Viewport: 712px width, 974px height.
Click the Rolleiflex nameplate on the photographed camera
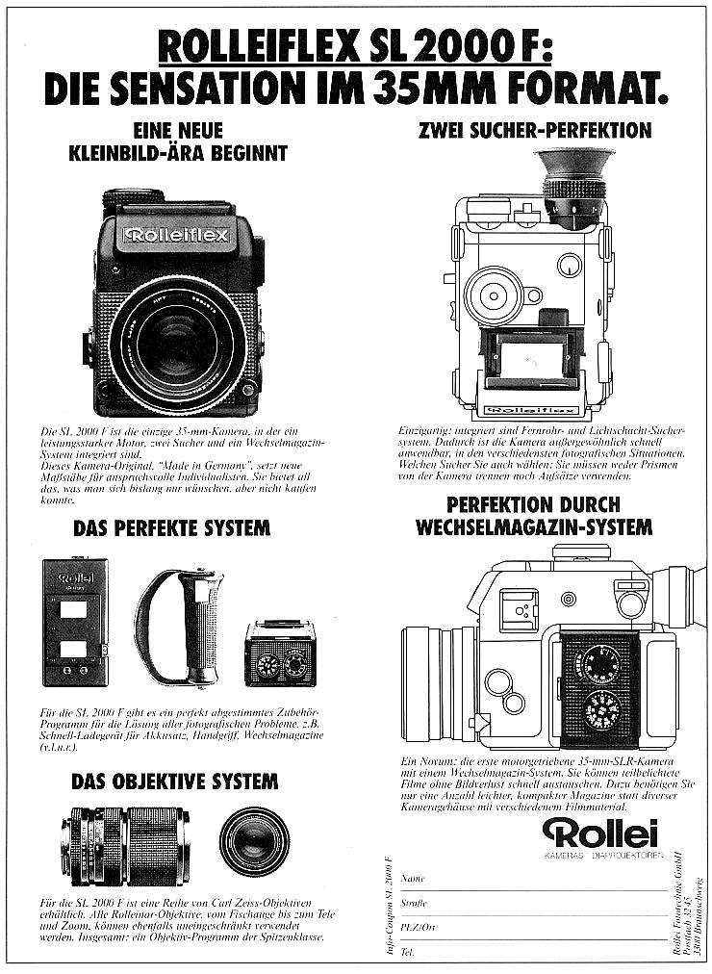[x=176, y=235]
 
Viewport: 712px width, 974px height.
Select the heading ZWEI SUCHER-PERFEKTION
[x=535, y=129]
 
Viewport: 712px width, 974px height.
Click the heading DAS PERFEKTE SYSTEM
[x=171, y=528]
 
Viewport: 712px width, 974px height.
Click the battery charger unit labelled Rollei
[x=75, y=622]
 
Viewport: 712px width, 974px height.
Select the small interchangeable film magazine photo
[x=280, y=654]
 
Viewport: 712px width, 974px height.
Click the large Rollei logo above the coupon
[x=599, y=833]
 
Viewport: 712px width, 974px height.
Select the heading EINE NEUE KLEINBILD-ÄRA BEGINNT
[x=179, y=141]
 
